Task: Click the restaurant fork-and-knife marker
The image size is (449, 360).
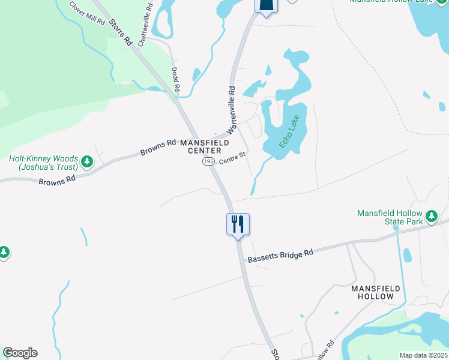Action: pos(238,225)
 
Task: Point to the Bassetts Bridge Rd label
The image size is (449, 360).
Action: pos(281,255)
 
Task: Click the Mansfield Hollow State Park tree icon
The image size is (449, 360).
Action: pos(430,216)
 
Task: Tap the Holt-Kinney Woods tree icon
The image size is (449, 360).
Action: pos(88,161)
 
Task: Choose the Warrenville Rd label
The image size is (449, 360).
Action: pos(230,110)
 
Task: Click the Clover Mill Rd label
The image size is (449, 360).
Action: pos(87,13)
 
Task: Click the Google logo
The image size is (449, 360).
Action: pos(20,352)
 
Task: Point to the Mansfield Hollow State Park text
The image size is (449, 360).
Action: pos(390,217)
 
